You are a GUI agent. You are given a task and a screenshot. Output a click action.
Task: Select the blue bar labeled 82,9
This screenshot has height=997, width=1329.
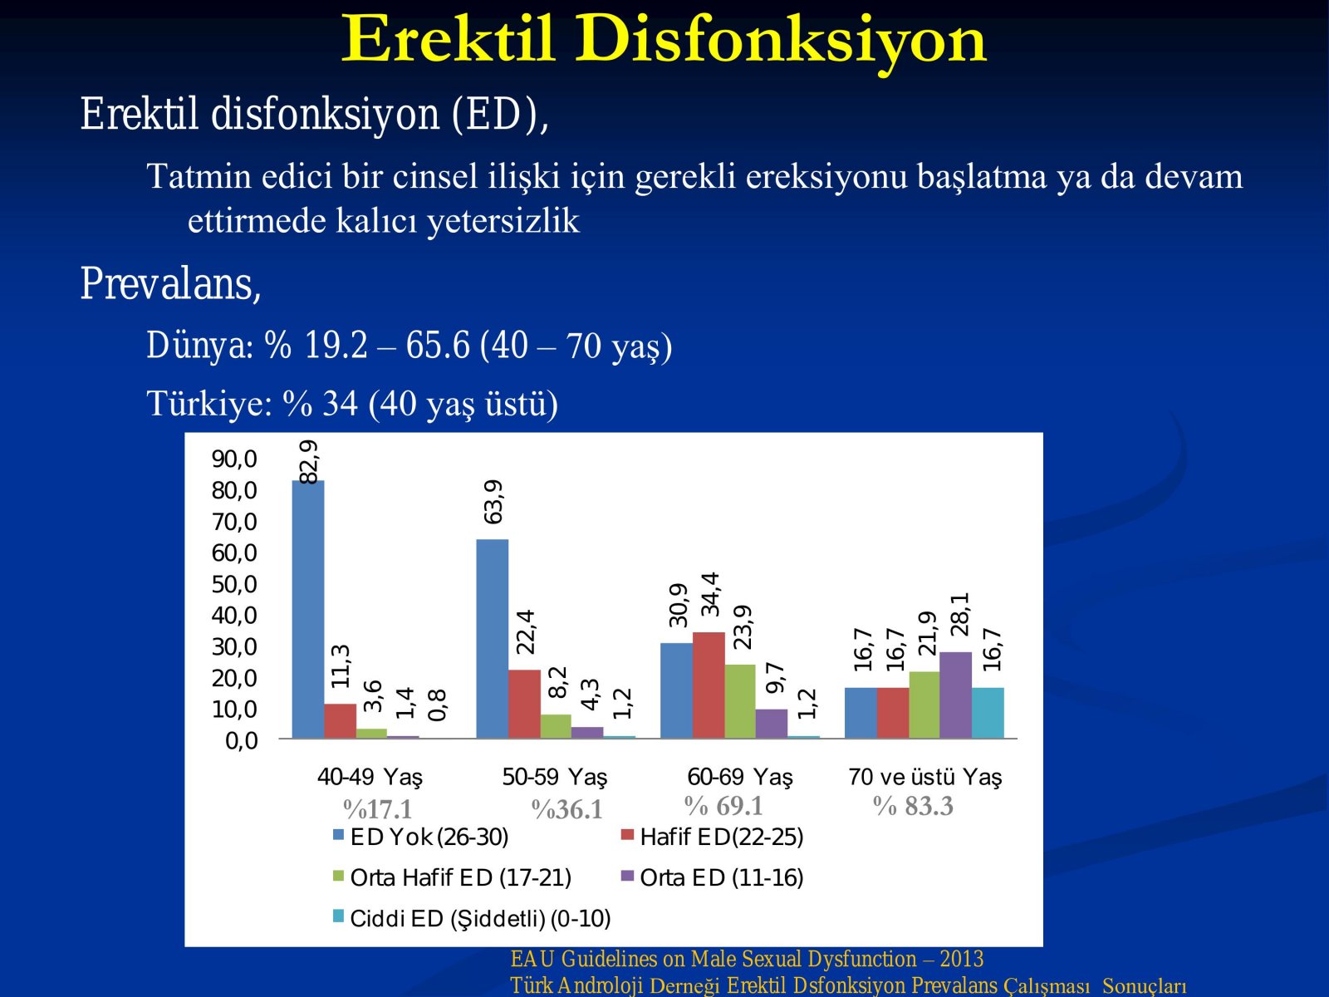pos(307,609)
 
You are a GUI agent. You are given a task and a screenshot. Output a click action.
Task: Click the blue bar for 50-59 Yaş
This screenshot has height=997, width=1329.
pos(493,639)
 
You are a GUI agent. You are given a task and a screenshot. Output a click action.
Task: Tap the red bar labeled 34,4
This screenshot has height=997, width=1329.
pos(709,685)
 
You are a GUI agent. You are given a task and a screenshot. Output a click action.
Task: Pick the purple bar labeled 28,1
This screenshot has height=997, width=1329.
pos(955,695)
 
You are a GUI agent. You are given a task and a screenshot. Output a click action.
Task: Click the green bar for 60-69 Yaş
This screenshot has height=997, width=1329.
pos(740,701)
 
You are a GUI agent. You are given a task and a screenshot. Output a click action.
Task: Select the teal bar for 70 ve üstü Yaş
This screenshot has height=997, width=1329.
pos(988,713)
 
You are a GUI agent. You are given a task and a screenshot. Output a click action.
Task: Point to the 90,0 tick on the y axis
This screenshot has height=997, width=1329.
pos(234,459)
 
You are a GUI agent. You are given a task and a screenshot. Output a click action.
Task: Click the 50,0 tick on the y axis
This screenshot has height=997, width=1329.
pos(234,584)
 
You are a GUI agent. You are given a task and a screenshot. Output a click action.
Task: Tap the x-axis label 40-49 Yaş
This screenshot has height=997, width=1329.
pos(370,777)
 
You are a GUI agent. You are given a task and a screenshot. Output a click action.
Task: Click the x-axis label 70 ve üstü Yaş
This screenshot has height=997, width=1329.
pos(924,777)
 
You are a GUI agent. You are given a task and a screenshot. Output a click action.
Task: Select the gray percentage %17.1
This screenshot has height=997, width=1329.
pos(377,809)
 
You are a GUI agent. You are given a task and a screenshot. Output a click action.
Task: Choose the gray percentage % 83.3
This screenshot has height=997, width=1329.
pos(913,806)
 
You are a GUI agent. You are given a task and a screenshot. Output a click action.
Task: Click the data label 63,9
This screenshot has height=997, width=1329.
pos(493,502)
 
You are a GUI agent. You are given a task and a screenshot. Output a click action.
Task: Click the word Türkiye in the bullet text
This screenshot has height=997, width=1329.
pos(209,403)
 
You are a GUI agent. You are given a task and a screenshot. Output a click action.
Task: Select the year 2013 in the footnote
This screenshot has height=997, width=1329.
pos(962,959)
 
